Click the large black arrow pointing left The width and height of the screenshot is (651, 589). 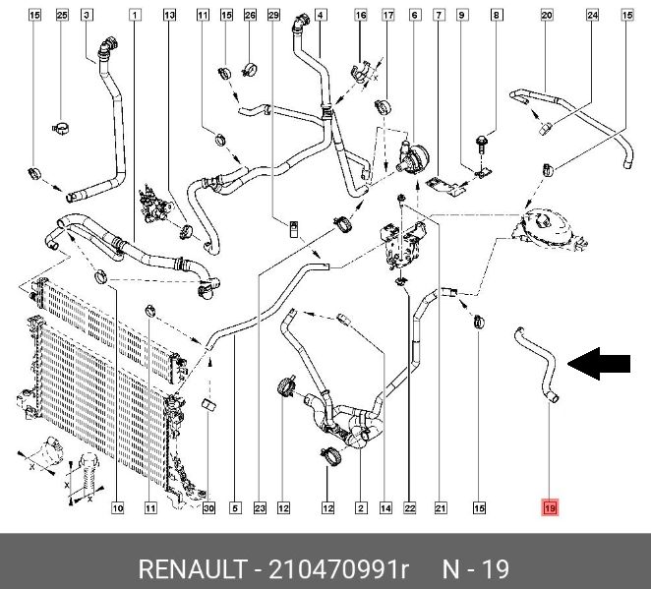pos(601,365)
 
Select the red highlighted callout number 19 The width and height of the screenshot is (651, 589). pos(550,508)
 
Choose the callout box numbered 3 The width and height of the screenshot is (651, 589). pos(87,15)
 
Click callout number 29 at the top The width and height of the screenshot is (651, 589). pos(274,15)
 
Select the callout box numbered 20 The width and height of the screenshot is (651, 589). pos(547,15)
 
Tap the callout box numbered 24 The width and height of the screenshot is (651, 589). pos(592,15)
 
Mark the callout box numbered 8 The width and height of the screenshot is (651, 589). pos(497,15)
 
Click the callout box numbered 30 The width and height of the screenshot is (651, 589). pos(207,508)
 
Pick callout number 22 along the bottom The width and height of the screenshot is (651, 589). pos(410,508)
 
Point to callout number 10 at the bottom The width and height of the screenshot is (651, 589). pos(116,508)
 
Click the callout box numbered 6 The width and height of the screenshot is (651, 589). pos(414,15)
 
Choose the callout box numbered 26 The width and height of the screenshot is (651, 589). pos(250,15)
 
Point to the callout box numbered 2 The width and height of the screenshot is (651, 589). pos(361,508)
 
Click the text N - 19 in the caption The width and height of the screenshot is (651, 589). pos(474,569)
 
